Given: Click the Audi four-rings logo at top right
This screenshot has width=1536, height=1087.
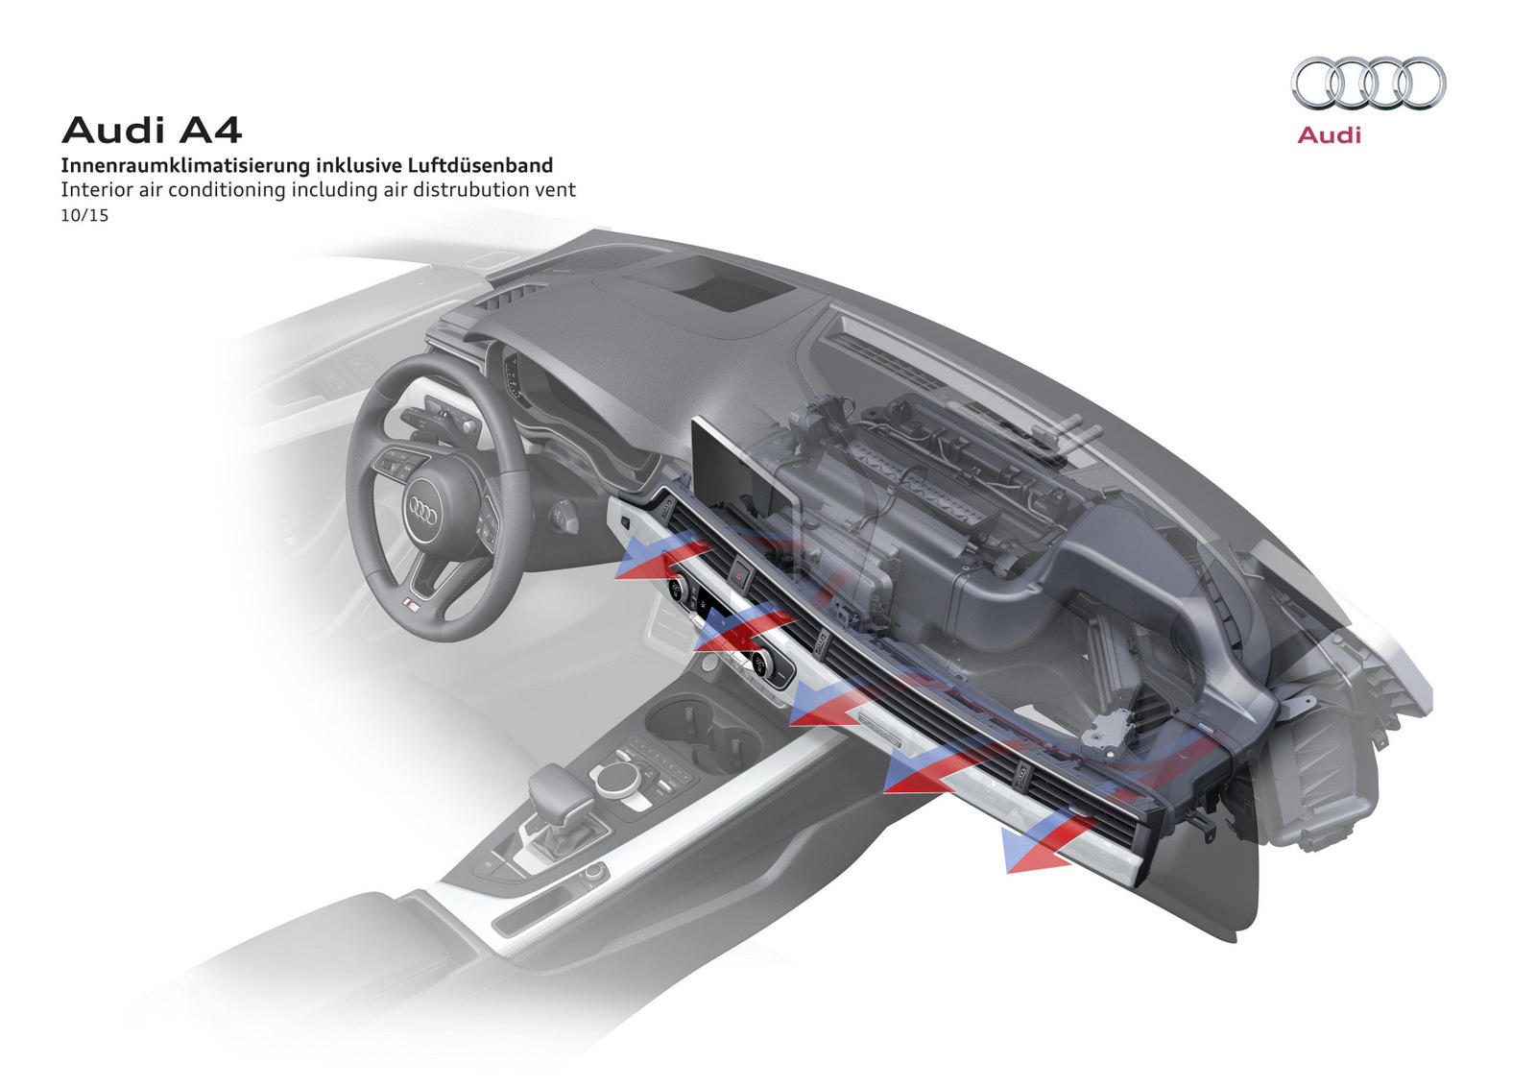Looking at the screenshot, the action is click(x=1368, y=84).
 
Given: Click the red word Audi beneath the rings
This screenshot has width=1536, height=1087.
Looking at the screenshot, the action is click(x=1329, y=135).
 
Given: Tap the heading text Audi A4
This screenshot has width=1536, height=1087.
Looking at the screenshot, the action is click(x=152, y=130).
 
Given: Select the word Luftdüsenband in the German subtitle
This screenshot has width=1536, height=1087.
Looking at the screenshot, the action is click(x=480, y=165).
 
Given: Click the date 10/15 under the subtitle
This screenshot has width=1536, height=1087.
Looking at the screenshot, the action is click(x=84, y=215).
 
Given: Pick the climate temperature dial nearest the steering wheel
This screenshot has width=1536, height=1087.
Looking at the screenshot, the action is click(x=678, y=589).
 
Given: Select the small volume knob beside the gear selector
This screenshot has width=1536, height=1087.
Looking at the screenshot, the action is click(x=594, y=871).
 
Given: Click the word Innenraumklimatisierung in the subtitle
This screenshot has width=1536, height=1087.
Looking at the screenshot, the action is click(x=185, y=165).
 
